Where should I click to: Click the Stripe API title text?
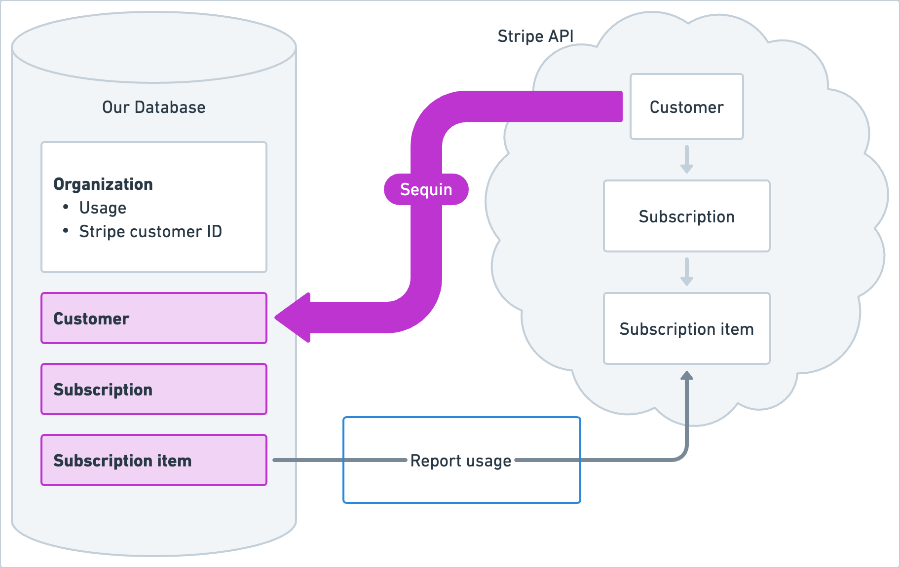click(535, 36)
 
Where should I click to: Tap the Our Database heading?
click(153, 107)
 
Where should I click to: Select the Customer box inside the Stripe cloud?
click(686, 107)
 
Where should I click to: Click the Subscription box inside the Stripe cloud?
click(686, 216)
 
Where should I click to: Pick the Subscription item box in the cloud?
click(686, 329)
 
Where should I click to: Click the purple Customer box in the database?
click(153, 318)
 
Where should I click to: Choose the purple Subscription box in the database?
click(153, 389)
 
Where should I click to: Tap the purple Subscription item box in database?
click(153, 460)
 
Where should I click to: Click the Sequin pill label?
click(426, 189)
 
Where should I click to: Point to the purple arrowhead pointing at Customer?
click(294, 318)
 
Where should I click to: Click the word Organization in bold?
click(103, 184)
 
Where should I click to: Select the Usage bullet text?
click(103, 208)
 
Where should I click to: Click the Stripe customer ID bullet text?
click(150, 231)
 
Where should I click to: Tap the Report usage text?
click(460, 461)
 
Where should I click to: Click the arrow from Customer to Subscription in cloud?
click(686, 159)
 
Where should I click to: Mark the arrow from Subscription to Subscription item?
click(686, 272)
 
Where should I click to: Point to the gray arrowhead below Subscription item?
click(686, 376)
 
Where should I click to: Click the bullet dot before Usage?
click(66, 207)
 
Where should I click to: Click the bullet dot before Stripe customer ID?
click(66, 231)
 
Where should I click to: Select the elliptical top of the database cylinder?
click(153, 47)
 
